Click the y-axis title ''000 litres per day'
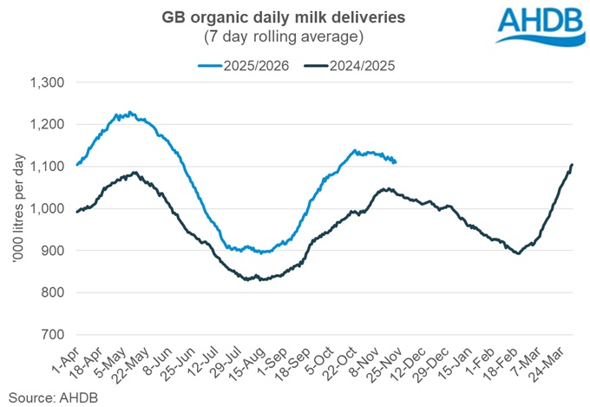[x=16, y=208]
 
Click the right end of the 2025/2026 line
[x=396, y=161]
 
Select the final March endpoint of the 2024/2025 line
[x=572, y=165]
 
